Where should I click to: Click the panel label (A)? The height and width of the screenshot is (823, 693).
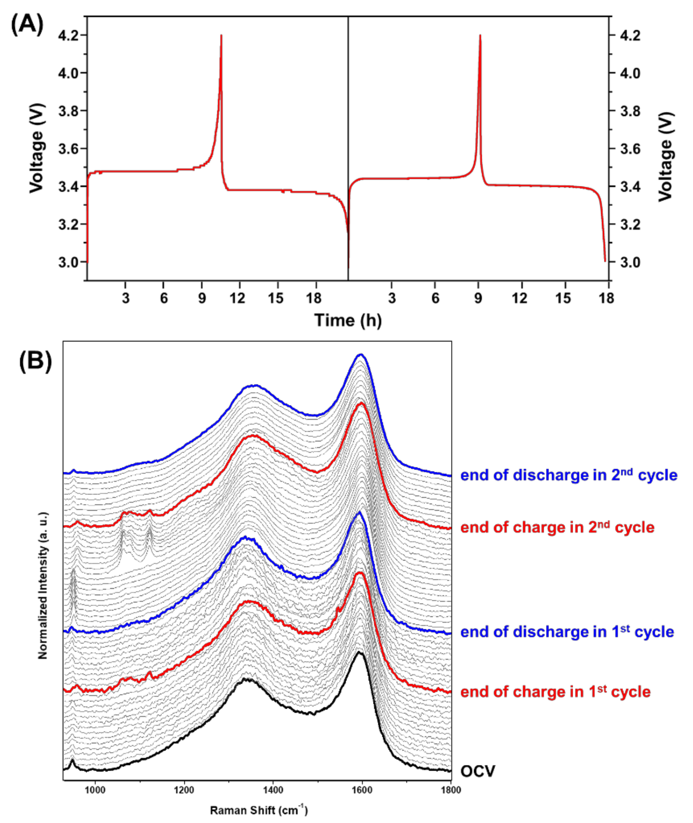pos(27,26)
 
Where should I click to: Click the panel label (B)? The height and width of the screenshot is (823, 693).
pos(35,361)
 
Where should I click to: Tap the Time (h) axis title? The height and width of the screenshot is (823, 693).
pos(348,321)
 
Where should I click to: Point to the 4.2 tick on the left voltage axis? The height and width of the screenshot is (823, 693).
pos(69,35)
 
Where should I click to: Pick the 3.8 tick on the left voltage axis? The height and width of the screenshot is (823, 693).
pos(69,111)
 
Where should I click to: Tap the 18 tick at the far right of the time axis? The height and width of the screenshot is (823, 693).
pos(607,299)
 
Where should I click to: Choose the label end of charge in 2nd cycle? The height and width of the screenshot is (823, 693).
pos(557,527)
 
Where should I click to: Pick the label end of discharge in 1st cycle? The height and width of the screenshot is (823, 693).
pos(567,632)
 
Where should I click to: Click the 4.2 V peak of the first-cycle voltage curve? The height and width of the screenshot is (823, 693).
pos(221,35)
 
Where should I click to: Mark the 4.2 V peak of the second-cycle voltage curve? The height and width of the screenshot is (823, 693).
pos(480,35)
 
